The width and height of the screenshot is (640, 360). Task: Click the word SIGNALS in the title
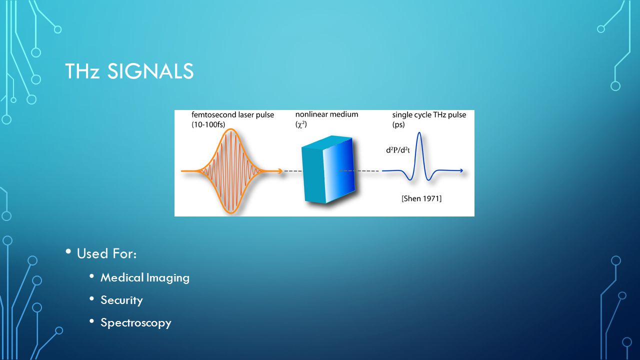click(150, 71)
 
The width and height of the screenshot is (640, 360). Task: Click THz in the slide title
click(82, 71)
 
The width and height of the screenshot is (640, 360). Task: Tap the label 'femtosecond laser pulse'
click(232, 115)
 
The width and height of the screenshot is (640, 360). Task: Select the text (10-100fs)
click(208, 124)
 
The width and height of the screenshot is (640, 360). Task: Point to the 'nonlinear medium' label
click(326, 114)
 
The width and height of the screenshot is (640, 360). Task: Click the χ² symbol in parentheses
click(301, 124)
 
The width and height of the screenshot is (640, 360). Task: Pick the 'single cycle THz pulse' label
click(429, 115)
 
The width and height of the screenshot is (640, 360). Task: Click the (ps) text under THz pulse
click(398, 124)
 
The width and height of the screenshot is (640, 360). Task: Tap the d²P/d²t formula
click(398, 150)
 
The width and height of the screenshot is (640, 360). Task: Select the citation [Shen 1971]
click(421, 198)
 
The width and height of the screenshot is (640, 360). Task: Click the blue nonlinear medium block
click(328, 169)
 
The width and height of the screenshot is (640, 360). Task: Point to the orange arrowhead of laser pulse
click(279, 171)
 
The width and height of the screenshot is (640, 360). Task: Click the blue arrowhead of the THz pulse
click(460, 171)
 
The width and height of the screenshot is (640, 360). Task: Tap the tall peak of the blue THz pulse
click(419, 133)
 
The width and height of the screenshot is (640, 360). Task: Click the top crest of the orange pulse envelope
click(231, 129)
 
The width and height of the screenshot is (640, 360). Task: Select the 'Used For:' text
click(106, 253)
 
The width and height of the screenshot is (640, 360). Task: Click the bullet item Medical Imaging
click(145, 277)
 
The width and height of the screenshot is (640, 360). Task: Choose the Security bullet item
click(121, 300)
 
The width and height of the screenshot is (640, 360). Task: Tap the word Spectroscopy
click(135, 323)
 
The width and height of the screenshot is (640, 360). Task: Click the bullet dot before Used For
click(68, 251)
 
